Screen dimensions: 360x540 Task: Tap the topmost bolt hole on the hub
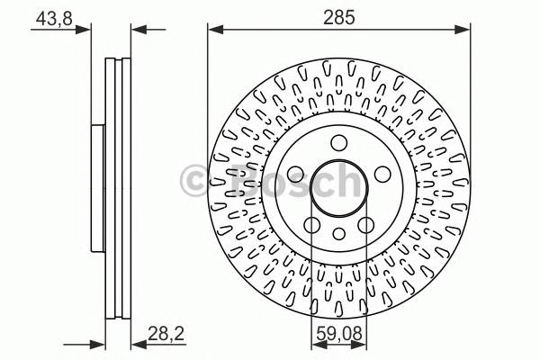coord(338,142)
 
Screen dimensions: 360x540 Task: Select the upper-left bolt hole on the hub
coord(296,174)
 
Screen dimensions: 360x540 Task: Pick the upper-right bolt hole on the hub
coord(381,174)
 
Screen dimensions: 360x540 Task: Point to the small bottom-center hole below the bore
coord(338,235)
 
